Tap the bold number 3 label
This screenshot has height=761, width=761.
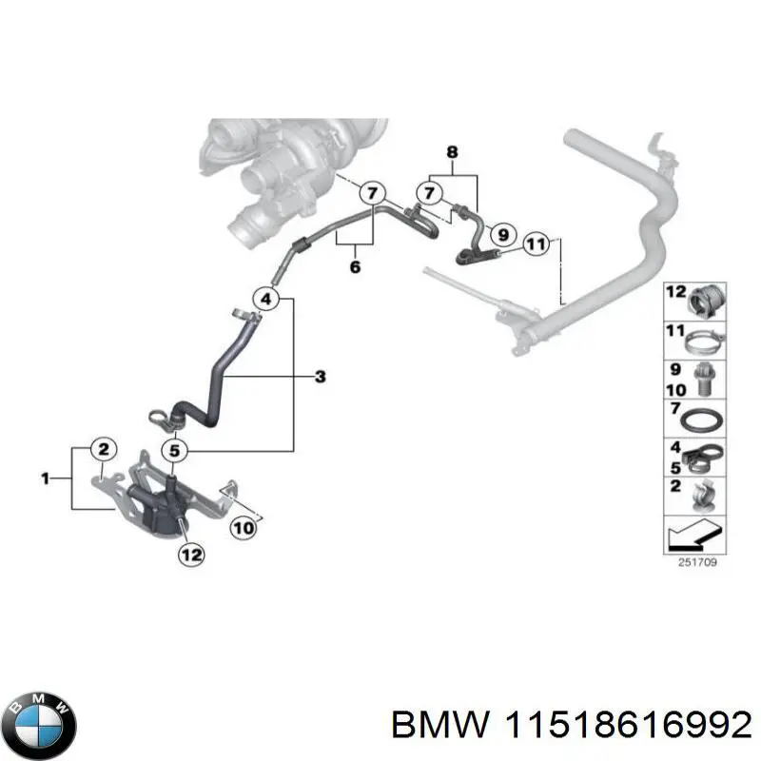pos(320,378)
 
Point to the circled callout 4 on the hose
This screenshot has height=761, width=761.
pos(267,300)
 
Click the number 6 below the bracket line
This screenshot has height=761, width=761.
pos(355,267)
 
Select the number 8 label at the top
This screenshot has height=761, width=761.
pos(451,152)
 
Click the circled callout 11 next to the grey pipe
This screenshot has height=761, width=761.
pos(537,244)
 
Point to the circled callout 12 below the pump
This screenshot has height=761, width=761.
pos(190,554)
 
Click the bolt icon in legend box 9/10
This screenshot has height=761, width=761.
pos(706,378)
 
